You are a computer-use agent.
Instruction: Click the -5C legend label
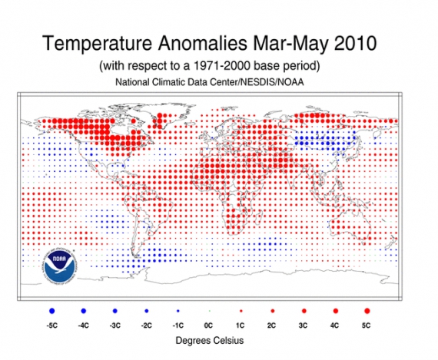click(x=51, y=325)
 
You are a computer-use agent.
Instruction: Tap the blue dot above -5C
click(x=51, y=310)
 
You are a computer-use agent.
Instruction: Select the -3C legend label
click(x=114, y=325)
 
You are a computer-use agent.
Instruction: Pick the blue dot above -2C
click(x=146, y=311)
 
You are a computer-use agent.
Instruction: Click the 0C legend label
click(x=209, y=325)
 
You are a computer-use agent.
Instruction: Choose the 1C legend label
click(x=241, y=325)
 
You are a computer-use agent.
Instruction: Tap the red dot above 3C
click(x=304, y=311)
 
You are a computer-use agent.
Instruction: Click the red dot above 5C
click(x=367, y=310)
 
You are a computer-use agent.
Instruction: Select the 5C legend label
click(x=367, y=325)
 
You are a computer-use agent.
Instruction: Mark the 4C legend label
click(x=335, y=325)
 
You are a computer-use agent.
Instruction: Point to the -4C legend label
click(x=83, y=325)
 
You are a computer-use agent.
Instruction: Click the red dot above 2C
click(x=272, y=311)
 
